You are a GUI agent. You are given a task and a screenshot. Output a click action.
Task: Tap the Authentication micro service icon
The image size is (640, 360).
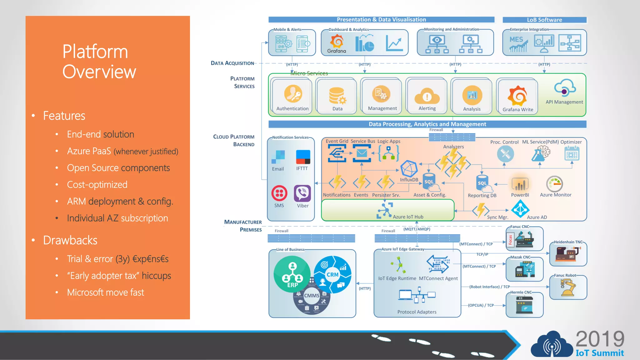pos(293,94)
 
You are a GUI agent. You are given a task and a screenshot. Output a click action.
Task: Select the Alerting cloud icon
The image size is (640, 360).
pos(427,96)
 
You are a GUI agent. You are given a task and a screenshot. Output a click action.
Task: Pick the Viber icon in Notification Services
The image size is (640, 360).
pos(302,193)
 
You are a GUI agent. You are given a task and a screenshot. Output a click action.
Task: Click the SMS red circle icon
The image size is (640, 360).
pos(279,193)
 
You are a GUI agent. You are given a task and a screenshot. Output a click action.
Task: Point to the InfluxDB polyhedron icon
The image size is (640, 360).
pos(409,169)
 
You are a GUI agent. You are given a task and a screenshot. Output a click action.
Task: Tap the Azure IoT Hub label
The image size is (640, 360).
pos(408,217)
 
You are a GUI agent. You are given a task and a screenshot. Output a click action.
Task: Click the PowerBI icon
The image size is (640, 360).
pos(520,184)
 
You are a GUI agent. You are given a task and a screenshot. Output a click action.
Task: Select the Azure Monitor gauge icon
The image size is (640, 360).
pos(555,184)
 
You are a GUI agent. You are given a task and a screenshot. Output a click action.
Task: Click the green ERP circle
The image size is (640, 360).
pos(292,274)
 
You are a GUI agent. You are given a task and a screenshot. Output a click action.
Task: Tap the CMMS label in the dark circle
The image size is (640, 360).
pos(312,296)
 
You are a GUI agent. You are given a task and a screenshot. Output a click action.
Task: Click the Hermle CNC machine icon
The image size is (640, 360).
pos(524,305)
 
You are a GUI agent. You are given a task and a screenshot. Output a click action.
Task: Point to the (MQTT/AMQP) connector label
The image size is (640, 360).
pos(417,229)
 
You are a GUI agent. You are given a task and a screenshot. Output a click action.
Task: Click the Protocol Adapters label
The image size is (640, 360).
pos(417,312)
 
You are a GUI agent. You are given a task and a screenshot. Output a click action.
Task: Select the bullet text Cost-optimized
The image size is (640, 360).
pos(97,185)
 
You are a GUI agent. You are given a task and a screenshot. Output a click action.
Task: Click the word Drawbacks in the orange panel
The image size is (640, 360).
pos(70,240)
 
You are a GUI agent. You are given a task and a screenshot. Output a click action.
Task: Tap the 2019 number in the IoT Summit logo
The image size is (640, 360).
pos(600,339)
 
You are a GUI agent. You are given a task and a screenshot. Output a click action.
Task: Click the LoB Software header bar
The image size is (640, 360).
pos(544,20)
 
